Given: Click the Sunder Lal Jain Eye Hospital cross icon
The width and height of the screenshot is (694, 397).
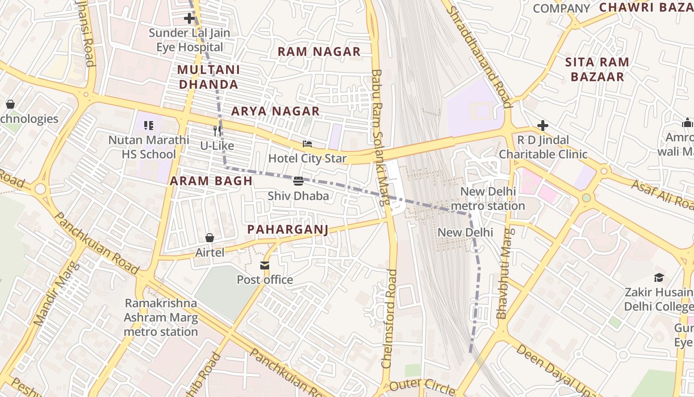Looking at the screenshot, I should pos(189,19).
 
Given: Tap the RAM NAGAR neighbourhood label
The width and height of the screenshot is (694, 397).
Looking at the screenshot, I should pos(319,52).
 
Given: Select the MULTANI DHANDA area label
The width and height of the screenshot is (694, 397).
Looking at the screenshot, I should pos(208,77).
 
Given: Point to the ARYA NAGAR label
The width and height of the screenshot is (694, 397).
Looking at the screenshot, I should pos(276,111).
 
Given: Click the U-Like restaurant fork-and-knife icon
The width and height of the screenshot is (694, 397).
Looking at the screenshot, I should pos(217,131).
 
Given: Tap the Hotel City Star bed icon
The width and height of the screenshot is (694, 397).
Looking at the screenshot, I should pos(307,144).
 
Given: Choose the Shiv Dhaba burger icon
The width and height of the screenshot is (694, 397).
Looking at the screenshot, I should pos(298,181).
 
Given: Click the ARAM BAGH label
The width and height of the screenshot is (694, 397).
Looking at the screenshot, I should pos(211,181).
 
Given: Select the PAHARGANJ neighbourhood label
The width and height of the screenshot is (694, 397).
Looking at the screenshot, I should pos(288,229).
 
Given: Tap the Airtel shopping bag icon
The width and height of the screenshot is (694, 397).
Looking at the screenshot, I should pos(210,238).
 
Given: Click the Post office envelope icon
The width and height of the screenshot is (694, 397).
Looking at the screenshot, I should pos(265,265).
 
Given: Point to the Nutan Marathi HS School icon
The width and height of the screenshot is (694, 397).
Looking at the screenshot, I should pos(149,126).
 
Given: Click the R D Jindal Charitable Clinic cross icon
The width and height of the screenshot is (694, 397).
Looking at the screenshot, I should pos(543,126).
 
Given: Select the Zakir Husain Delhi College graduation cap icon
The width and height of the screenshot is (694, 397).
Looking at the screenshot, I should pos(659,277).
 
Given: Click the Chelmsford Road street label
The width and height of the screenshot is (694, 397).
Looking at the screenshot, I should pos(389,318).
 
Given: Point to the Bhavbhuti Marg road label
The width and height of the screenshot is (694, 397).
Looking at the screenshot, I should pos(504,273).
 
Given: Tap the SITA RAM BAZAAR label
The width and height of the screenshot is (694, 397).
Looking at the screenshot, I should pos(597,69).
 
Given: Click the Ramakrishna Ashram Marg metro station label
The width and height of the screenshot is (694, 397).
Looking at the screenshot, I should pos(161,318).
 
